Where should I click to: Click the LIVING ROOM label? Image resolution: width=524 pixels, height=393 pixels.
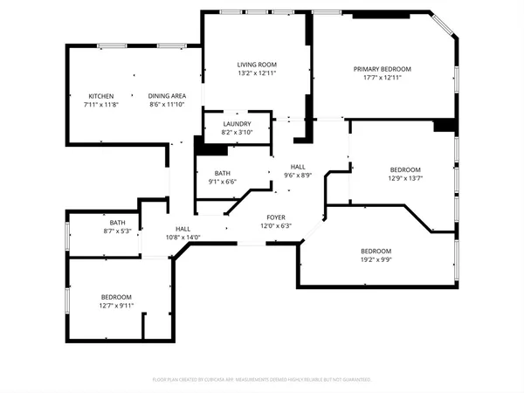[x=257, y=65]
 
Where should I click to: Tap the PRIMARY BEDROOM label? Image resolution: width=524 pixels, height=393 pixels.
[x=382, y=69]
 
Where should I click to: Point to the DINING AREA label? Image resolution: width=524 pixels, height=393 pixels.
[x=166, y=96]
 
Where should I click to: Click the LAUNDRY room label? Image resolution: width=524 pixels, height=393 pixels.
[x=237, y=124]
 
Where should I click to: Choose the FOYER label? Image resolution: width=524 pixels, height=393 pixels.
[x=275, y=217]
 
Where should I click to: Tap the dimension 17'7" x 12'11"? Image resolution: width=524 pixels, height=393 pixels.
[x=382, y=79]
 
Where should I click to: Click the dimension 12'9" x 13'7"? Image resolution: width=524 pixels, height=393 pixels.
[x=405, y=179]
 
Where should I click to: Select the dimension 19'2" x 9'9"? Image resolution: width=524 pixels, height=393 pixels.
[x=376, y=259]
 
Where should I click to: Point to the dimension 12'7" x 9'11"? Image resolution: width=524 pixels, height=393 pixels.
[x=115, y=306]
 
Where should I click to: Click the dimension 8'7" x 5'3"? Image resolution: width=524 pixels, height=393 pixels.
[x=117, y=231]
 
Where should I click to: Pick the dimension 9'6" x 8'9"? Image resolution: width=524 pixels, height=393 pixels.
[x=298, y=176]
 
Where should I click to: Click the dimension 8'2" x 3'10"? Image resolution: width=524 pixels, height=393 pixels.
[x=237, y=133]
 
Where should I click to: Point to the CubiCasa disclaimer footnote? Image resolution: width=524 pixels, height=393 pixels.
[x=262, y=380]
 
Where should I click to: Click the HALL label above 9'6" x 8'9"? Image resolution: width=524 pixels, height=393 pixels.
[x=298, y=167]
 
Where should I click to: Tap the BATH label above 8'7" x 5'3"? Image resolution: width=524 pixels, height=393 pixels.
[x=117, y=223]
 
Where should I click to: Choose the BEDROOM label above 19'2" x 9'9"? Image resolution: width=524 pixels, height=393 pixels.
[x=376, y=251]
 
